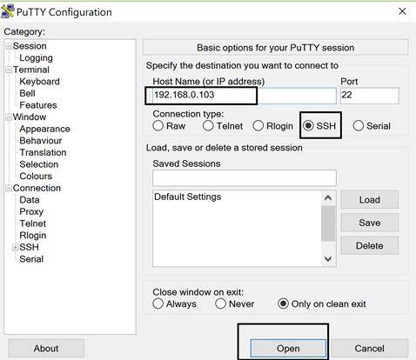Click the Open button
pos(288,348)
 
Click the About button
pos(46,348)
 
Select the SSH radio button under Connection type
pos(308,126)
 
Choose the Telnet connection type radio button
pos(208,126)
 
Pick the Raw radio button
pos(158,126)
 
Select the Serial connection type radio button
pos(359,126)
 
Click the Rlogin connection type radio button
pos(258,126)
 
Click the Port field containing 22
pos(370,96)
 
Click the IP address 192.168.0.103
pos(185,95)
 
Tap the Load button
pos(370,200)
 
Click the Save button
pos(370,223)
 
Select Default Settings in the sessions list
pos(188,197)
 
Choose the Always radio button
pos(158,303)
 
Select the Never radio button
pos(220,303)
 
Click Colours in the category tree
pos(36,176)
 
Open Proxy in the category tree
pos(31,211)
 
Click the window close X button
pos(402,11)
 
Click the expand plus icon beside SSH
pos(15,247)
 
